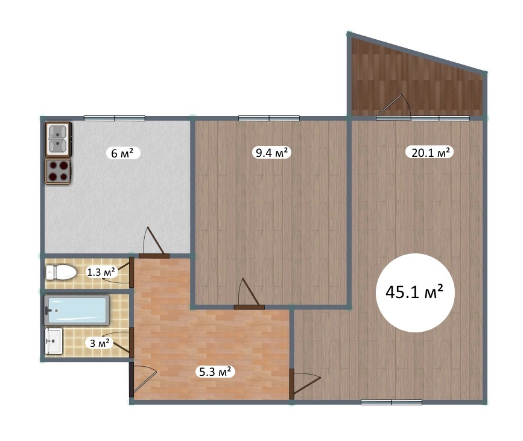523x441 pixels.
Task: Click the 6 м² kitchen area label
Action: click(x=122, y=153)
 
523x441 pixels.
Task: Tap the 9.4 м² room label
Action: click(x=272, y=153)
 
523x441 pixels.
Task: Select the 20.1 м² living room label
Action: click(x=430, y=153)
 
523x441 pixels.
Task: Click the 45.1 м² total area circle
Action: click(x=415, y=293)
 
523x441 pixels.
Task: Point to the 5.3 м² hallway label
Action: click(x=215, y=371)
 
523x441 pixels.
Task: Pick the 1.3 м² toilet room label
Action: click(x=101, y=272)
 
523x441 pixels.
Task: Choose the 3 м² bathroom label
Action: click(x=100, y=343)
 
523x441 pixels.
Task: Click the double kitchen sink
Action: click(x=58, y=140)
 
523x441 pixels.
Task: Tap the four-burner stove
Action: click(x=58, y=171)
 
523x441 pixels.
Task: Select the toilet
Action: click(x=61, y=272)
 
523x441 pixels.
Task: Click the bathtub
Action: click(x=77, y=310)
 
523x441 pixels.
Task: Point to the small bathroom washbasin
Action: click(x=54, y=341)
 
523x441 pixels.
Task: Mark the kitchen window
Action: click(x=115, y=118)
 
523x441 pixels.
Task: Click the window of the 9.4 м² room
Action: click(x=269, y=118)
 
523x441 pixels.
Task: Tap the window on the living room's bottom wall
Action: click(x=391, y=402)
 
